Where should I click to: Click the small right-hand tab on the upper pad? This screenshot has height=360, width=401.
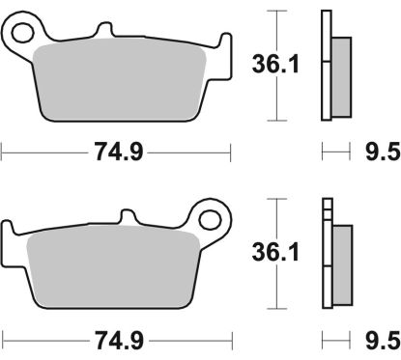pos(226,44)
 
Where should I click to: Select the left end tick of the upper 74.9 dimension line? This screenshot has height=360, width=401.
pos(3,151)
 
